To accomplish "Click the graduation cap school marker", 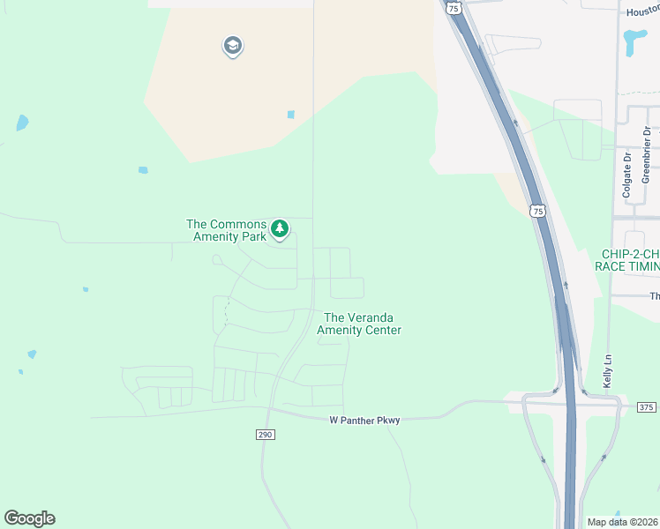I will tap(232, 46).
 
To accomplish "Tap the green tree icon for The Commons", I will tap(280, 229).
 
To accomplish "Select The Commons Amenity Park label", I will tap(226, 231).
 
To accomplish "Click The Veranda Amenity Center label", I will tap(363, 324).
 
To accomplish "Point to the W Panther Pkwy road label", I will tap(364, 421).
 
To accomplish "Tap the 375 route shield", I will tap(646, 406).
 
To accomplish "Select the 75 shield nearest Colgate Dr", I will tap(538, 211).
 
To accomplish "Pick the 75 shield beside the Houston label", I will tap(454, 7).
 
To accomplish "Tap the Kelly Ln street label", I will tap(607, 371).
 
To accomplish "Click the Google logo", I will tap(29, 518).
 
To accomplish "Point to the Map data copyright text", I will tap(623, 522).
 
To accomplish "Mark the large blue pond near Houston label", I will tap(634, 40).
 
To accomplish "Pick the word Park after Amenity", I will tap(254, 238).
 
